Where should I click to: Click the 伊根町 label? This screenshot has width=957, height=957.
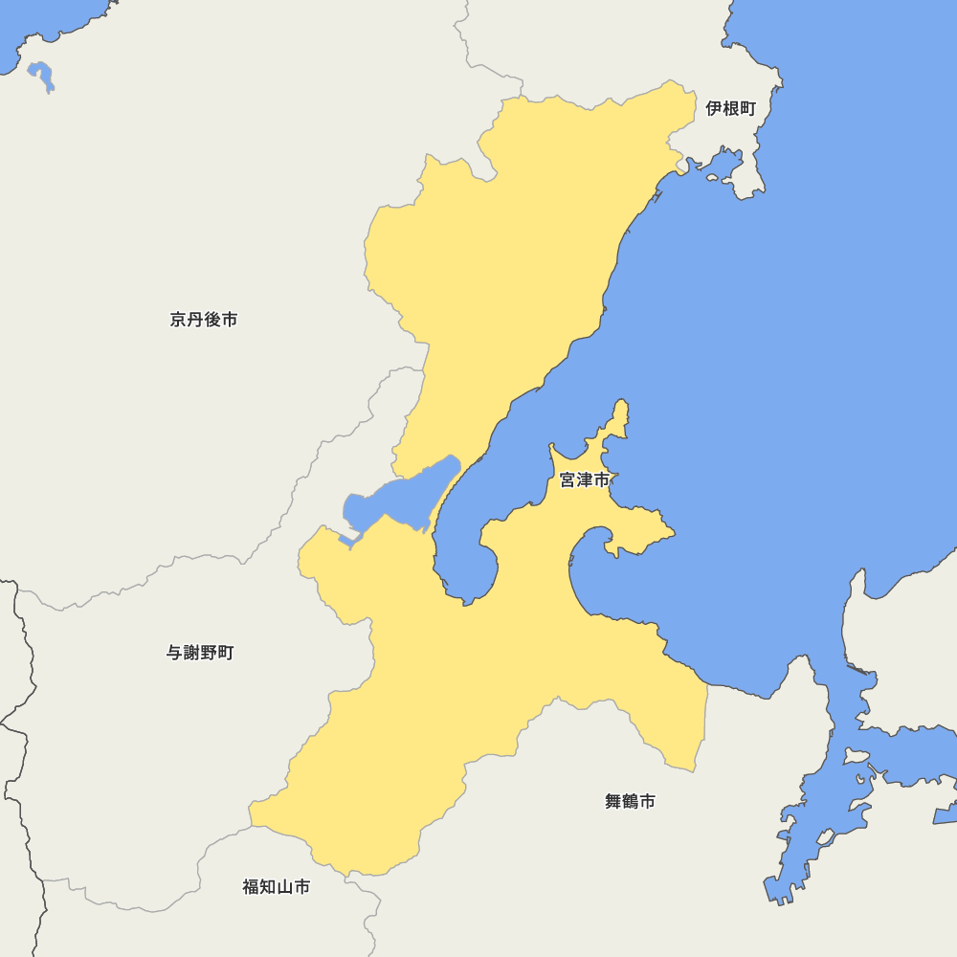pyautogui.click(x=730, y=109)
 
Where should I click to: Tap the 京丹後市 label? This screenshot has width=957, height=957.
pyautogui.click(x=204, y=320)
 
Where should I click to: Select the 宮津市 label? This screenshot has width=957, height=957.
pyautogui.click(x=584, y=480)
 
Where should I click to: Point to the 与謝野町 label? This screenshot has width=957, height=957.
pyautogui.click(x=199, y=653)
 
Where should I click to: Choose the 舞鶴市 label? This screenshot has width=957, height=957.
pyautogui.click(x=630, y=802)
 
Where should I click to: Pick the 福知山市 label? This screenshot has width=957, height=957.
pyautogui.click(x=276, y=887)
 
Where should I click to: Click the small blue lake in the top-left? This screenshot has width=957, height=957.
pyautogui.click(x=41, y=75)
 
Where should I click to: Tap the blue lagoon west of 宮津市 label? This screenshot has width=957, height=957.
pyautogui.click(x=397, y=498)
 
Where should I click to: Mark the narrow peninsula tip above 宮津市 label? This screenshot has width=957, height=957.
pyautogui.click(x=621, y=412)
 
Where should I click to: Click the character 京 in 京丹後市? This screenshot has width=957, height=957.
pyautogui.click(x=179, y=320)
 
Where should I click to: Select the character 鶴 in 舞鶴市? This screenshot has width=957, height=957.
pyautogui.click(x=630, y=802)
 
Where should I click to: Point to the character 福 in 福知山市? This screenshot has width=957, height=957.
pyautogui.click(x=251, y=887)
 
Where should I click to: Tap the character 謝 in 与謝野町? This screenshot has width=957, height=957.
pyautogui.click(x=190, y=653)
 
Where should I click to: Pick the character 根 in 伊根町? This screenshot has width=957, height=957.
pyautogui.click(x=730, y=109)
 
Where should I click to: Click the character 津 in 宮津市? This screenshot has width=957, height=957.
pyautogui.click(x=584, y=480)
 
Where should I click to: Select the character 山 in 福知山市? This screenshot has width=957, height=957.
pyautogui.click(x=284, y=887)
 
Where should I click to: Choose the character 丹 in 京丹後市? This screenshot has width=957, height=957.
pyautogui.click(x=195, y=320)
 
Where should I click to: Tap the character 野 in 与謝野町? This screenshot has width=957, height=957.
pyautogui.click(x=208, y=653)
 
